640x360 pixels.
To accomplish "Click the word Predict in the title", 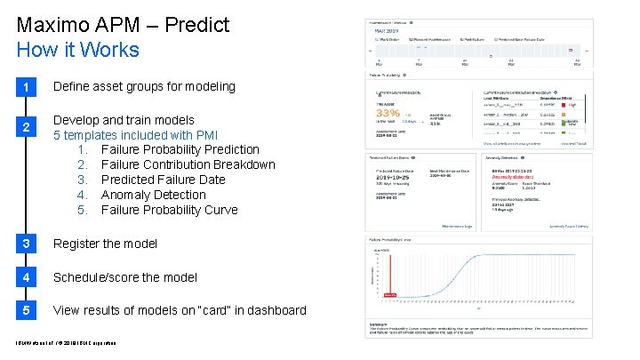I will click(x=196, y=24).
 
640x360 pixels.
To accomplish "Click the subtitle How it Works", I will click(x=78, y=49).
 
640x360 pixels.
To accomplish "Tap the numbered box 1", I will click(x=28, y=87).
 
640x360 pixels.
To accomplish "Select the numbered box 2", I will click(x=28, y=127).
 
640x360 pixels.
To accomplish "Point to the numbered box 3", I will click(x=28, y=244).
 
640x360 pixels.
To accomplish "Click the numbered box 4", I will click(x=28, y=277).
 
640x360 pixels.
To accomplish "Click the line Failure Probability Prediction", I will click(x=180, y=149).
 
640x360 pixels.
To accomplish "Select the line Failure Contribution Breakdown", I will click(x=188, y=164).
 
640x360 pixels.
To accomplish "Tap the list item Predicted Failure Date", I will click(x=163, y=180).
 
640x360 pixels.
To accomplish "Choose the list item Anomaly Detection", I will click(x=153, y=195).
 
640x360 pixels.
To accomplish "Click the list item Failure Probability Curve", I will click(x=169, y=210).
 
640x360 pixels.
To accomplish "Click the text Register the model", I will click(x=106, y=244).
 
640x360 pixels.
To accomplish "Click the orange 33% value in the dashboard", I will click(x=388, y=113).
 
